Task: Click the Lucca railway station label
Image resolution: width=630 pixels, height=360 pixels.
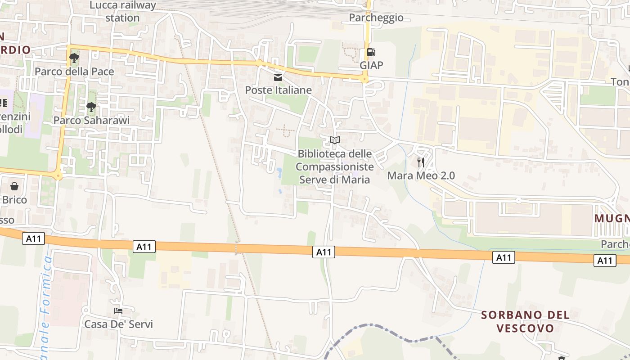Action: (122, 12)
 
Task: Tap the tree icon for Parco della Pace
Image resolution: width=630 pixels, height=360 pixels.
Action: (74, 58)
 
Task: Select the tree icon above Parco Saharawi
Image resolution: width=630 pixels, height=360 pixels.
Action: (91, 107)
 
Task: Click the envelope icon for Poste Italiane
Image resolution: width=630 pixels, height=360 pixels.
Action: (278, 77)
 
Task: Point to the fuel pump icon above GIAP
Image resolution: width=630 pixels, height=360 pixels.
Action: (371, 52)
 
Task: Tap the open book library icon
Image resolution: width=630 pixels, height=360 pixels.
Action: (334, 140)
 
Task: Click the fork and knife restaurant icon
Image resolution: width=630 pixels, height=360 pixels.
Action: (421, 162)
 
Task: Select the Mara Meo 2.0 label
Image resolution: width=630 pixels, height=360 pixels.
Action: (421, 175)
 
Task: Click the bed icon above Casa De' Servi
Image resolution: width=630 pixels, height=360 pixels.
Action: (118, 311)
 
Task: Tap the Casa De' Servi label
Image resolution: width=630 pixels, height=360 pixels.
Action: (119, 324)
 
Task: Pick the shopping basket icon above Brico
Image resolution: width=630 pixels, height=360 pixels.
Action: (14, 186)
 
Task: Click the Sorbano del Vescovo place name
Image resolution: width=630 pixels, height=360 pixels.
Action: (525, 321)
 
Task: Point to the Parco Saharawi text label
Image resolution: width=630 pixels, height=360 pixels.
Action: (91, 120)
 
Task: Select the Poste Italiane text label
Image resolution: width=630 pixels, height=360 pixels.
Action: (278, 90)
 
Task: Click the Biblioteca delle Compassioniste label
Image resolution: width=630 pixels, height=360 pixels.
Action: (335, 166)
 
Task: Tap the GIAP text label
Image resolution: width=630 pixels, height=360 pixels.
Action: (371, 65)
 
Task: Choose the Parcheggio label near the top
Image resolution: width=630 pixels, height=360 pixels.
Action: (376, 18)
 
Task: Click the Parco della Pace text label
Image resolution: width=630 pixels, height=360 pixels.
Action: (74, 71)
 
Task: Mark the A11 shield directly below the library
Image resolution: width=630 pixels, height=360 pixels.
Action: (324, 252)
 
